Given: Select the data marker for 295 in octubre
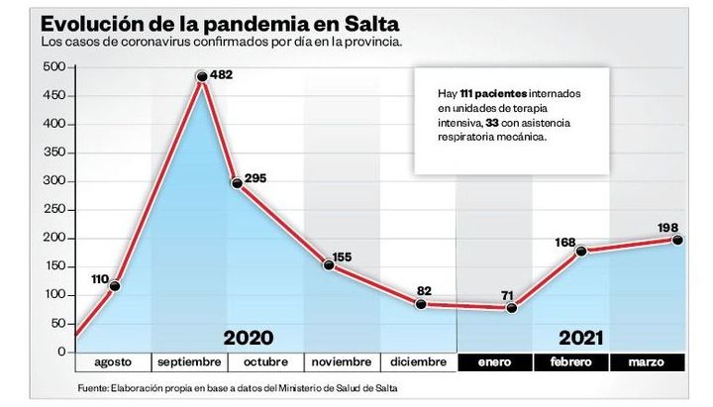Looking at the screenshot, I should click(x=238, y=183).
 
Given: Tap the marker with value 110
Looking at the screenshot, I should click(x=115, y=287).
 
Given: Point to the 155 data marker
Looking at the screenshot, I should click(x=329, y=264).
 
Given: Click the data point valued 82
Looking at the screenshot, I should click(x=420, y=304).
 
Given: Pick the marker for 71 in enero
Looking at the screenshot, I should click(x=512, y=308).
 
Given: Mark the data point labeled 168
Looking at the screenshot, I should click(x=581, y=251).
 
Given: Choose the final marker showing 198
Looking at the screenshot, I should click(x=678, y=240).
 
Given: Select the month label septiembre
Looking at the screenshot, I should click(x=189, y=361).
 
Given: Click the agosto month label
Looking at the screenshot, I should click(x=112, y=361).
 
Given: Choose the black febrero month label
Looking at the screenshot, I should click(x=570, y=361).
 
